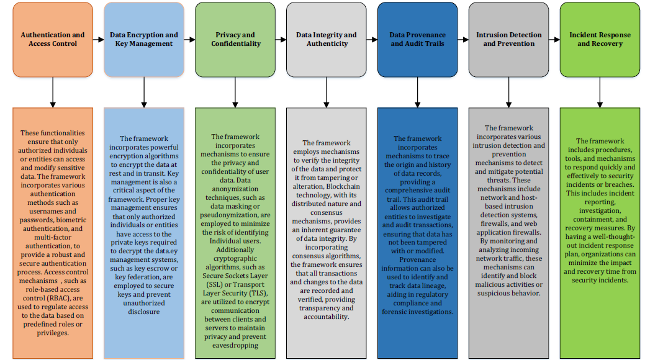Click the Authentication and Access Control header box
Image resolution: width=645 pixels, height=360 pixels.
pos(53,40)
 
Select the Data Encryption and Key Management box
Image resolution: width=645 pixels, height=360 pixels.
pos(144,40)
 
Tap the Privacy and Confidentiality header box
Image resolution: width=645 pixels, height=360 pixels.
pos(235,40)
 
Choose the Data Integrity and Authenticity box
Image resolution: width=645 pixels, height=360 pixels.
pos(326,40)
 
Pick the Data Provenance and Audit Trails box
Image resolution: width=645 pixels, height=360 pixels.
pos(418,40)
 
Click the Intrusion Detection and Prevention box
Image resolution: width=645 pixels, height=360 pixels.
pos(509,40)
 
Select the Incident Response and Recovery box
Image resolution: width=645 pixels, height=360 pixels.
pos(600,40)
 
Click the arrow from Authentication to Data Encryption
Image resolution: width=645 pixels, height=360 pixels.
pos(98,40)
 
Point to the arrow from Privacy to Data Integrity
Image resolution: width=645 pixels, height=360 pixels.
pos(281,40)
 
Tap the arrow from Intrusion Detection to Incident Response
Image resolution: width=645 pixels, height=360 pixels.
pos(554,40)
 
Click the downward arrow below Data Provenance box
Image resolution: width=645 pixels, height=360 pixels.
pos(418,92)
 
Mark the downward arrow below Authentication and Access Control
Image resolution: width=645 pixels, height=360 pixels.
pos(53,92)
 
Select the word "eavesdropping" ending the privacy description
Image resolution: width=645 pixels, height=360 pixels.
pos(235,346)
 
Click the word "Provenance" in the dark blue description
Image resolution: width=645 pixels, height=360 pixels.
pos(418,259)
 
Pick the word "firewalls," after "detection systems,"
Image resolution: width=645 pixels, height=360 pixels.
pos(495,224)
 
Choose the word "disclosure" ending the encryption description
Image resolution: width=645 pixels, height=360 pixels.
pos(144,312)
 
